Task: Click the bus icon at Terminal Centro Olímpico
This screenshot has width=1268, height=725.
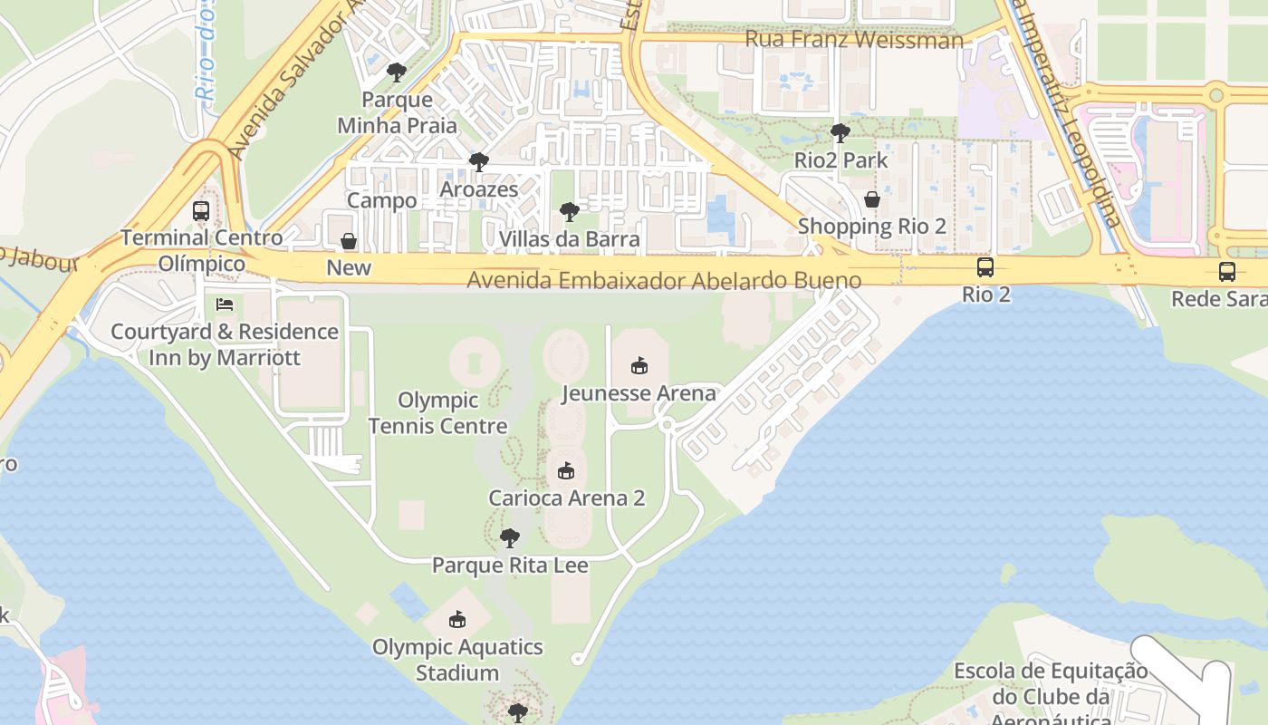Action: [201, 211]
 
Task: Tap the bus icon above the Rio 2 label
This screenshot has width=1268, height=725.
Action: [985, 267]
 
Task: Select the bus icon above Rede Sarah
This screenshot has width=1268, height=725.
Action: [1226, 272]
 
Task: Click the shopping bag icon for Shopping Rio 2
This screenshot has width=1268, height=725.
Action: [871, 199]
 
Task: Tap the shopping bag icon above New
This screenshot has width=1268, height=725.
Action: [348, 241]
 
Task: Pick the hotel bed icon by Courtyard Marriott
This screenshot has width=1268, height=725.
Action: [225, 304]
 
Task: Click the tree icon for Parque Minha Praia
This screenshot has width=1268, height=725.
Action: [396, 72]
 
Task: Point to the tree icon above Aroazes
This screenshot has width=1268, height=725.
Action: [478, 163]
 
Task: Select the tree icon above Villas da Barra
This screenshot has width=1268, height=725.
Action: [569, 213]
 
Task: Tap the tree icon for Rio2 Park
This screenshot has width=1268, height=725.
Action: [840, 133]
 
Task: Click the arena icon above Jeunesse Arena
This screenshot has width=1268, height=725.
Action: [639, 366]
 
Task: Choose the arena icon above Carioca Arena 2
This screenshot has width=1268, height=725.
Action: [566, 471]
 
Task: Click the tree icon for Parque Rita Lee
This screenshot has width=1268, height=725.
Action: [510, 538]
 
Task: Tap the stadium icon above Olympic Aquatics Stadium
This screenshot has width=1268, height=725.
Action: [457, 620]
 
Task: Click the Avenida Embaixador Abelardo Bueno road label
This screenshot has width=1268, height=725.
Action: [663, 281]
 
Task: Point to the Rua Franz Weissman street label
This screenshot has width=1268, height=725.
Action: [853, 40]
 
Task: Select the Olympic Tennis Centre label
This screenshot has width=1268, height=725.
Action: [437, 412]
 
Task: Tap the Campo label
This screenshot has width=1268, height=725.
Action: [382, 200]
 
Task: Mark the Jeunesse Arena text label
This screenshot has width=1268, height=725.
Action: [639, 393]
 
